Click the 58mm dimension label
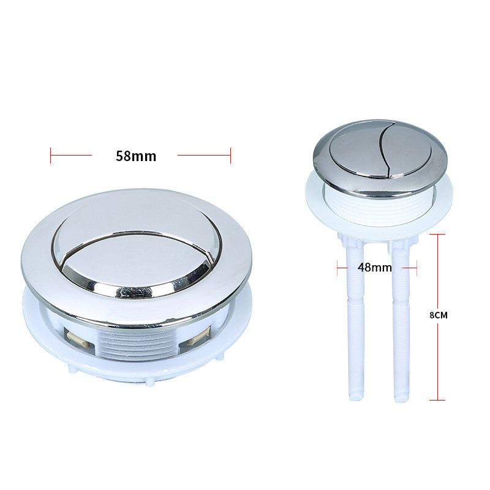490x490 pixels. (x=136, y=156)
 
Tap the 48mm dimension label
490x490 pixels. (x=375, y=268)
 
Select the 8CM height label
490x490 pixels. (x=439, y=315)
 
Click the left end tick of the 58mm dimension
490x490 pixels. (x=50, y=156)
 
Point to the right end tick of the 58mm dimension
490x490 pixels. (x=231, y=156)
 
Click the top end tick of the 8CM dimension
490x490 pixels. (x=437, y=234)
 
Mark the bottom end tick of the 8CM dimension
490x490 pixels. (x=437, y=400)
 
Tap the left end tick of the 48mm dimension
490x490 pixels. (x=337, y=268)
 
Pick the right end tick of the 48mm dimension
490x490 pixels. (x=417, y=268)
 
